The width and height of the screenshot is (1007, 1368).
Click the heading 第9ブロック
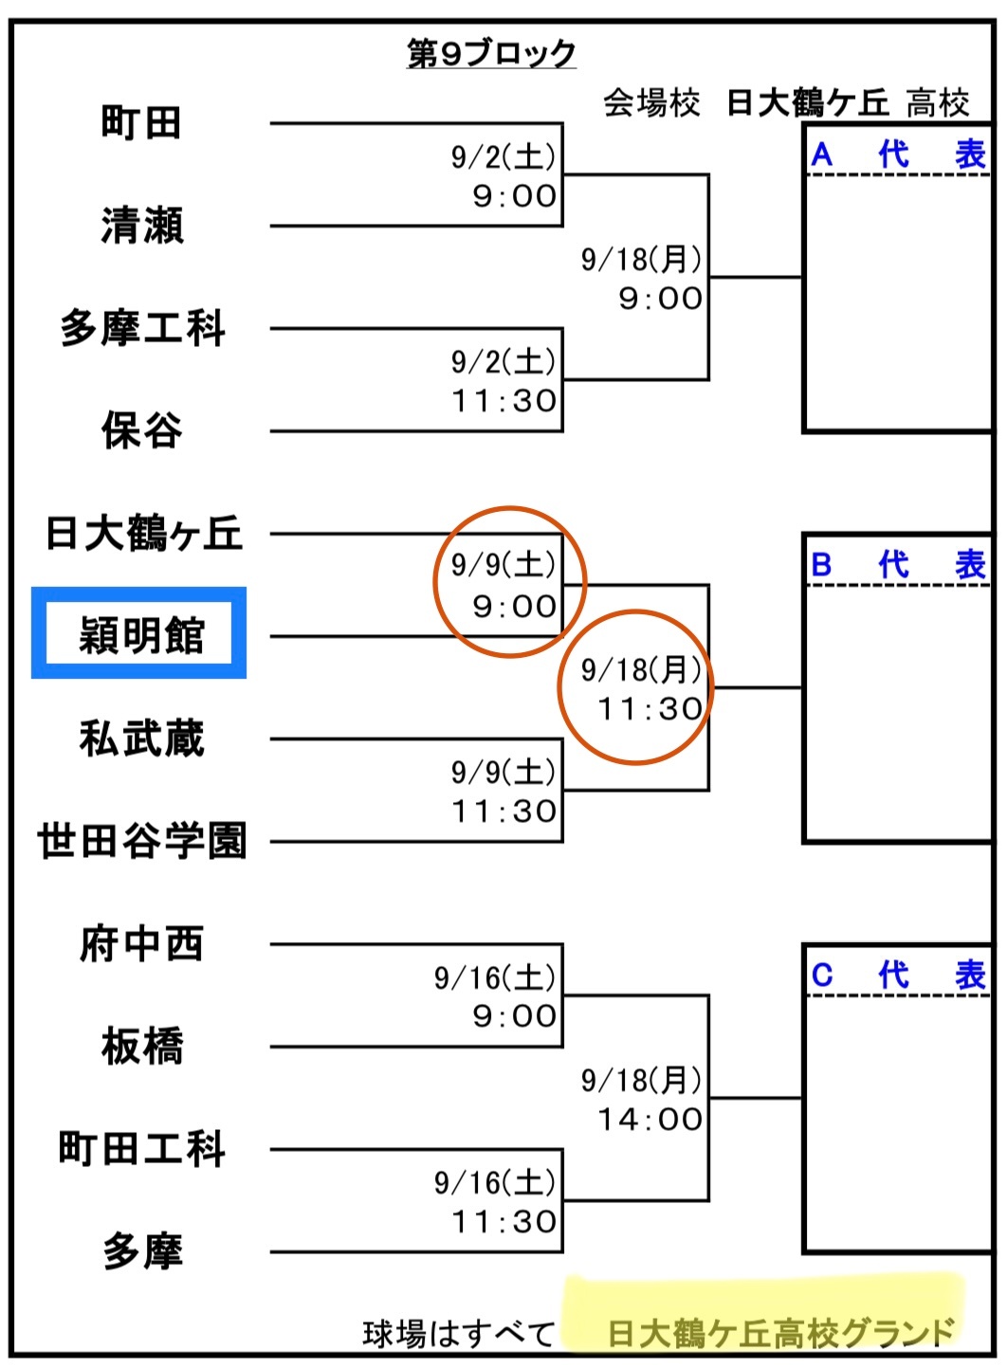[x=491, y=53]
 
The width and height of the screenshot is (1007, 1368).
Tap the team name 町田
[x=141, y=122]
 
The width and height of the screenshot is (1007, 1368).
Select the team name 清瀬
[x=142, y=226]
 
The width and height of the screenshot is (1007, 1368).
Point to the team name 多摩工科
[x=142, y=328]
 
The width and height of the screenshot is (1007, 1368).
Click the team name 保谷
[x=142, y=430]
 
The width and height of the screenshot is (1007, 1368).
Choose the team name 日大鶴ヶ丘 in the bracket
[x=143, y=533]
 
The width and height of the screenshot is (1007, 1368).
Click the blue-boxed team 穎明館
[x=140, y=634]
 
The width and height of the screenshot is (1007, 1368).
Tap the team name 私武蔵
[x=142, y=738]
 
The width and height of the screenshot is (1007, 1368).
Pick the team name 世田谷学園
[x=142, y=841]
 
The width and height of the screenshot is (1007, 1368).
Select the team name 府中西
[x=142, y=943]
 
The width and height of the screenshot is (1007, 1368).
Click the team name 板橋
[x=142, y=1046]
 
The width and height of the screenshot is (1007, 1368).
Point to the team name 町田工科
[x=142, y=1148]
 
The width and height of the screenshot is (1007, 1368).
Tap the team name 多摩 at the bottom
[x=142, y=1251]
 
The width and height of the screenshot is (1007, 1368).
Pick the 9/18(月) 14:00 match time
[x=642, y=1100]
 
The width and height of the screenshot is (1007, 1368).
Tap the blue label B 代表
[x=898, y=565]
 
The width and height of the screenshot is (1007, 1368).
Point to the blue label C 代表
[x=898, y=975]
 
